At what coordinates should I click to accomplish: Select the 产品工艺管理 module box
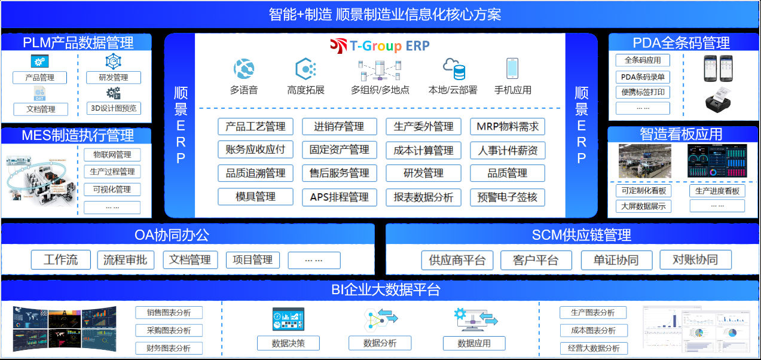(255, 127)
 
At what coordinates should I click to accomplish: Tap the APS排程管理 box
(339, 197)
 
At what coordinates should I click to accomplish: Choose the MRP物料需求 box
(508, 127)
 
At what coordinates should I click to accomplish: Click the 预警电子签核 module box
(508, 197)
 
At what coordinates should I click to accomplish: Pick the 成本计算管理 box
(423, 150)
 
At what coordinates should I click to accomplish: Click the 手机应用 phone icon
(512, 69)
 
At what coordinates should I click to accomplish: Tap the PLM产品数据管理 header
(78, 42)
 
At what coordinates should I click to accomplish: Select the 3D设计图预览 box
(113, 108)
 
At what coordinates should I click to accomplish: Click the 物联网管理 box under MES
(112, 155)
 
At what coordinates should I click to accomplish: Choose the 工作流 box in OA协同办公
(61, 260)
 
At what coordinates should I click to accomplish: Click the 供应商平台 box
(457, 261)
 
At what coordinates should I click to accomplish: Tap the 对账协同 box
(695, 260)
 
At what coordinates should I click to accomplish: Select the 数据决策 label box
(288, 343)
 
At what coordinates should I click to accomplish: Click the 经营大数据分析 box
(593, 348)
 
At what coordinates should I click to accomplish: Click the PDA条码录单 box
(643, 77)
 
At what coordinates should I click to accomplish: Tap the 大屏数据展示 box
(643, 206)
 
